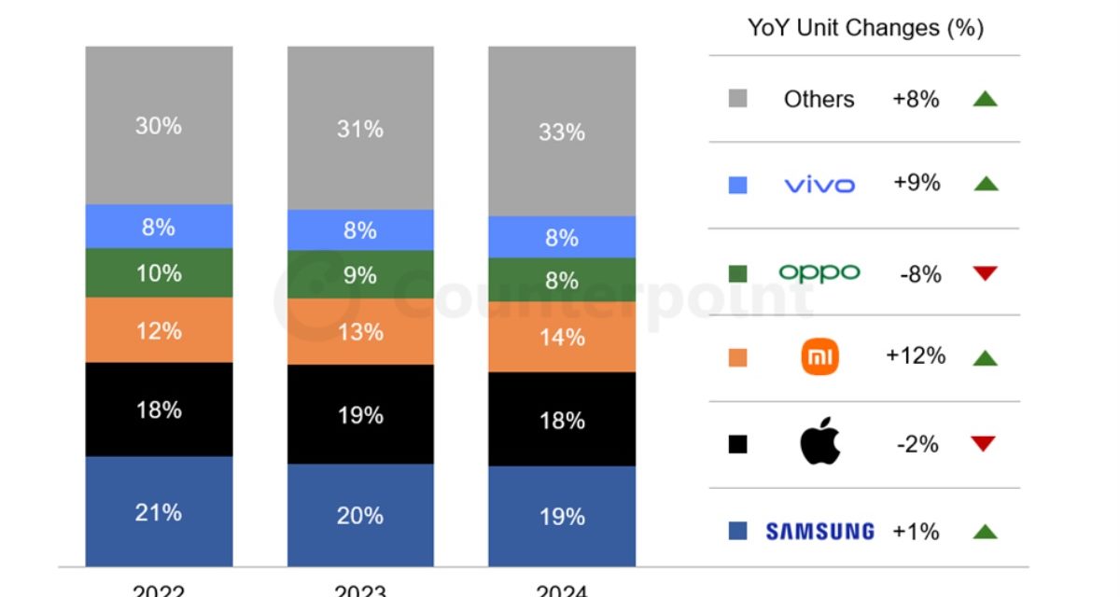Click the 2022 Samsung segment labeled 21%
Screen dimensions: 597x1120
pyautogui.click(x=159, y=511)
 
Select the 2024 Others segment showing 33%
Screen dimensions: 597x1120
pyautogui.click(x=562, y=132)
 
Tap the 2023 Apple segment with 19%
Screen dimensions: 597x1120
pyautogui.click(x=360, y=414)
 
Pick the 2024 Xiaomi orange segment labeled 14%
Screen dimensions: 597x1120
pyautogui.click(x=562, y=337)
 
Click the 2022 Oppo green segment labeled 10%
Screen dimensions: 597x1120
pyautogui.click(x=159, y=272)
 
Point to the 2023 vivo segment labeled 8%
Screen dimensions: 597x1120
pyautogui.click(x=360, y=229)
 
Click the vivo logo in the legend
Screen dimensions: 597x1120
pyautogui.click(x=819, y=185)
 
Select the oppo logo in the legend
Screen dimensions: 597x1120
pyautogui.click(x=819, y=272)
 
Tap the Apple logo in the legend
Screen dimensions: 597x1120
pyautogui.click(x=819, y=443)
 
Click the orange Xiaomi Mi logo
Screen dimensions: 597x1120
pyautogui.click(x=819, y=356)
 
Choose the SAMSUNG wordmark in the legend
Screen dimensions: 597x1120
pyautogui.click(x=819, y=532)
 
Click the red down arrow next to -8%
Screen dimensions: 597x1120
pyautogui.click(x=985, y=273)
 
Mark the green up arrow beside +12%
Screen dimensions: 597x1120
pyautogui.click(x=985, y=357)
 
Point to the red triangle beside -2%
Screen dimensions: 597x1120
pyautogui.click(x=985, y=444)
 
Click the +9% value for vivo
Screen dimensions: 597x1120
pyautogui.click(x=916, y=183)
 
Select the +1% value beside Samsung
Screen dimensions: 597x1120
pyautogui.click(x=916, y=531)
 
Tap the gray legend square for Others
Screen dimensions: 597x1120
pyautogui.click(x=737, y=99)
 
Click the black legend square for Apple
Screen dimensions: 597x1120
pyautogui.click(x=737, y=445)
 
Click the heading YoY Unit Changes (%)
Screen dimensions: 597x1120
pyautogui.click(x=865, y=28)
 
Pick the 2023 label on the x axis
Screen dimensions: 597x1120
pyautogui.click(x=360, y=590)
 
